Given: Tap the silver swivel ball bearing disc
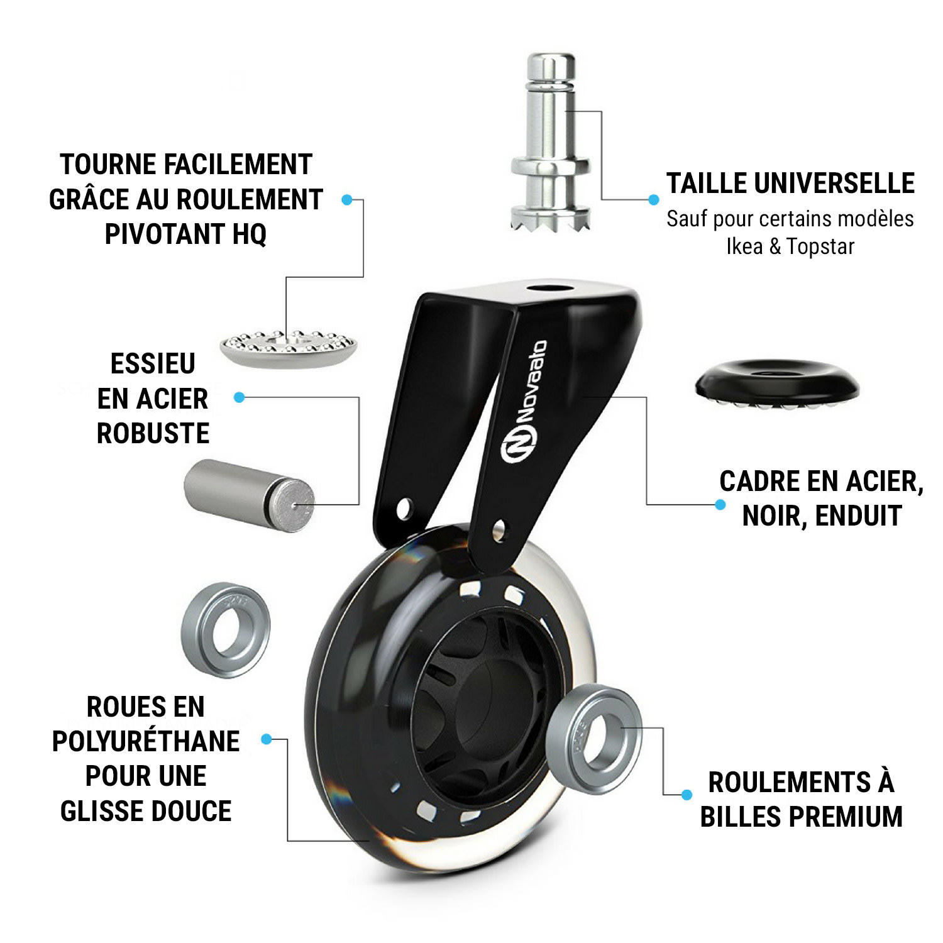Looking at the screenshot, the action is click(289, 348).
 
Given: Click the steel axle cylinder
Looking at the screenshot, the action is click(249, 495).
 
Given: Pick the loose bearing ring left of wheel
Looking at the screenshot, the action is click(226, 631).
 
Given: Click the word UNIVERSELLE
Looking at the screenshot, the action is click(834, 184).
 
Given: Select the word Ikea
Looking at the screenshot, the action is click(744, 246).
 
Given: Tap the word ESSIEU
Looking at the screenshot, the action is click(153, 363).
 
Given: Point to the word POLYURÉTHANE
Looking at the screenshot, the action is click(146, 741).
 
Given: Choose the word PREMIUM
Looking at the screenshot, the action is click(846, 817).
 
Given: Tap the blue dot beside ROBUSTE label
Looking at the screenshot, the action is click(239, 397).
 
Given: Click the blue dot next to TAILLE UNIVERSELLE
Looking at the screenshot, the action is click(654, 200).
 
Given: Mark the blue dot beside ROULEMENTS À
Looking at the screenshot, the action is click(687, 795).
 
